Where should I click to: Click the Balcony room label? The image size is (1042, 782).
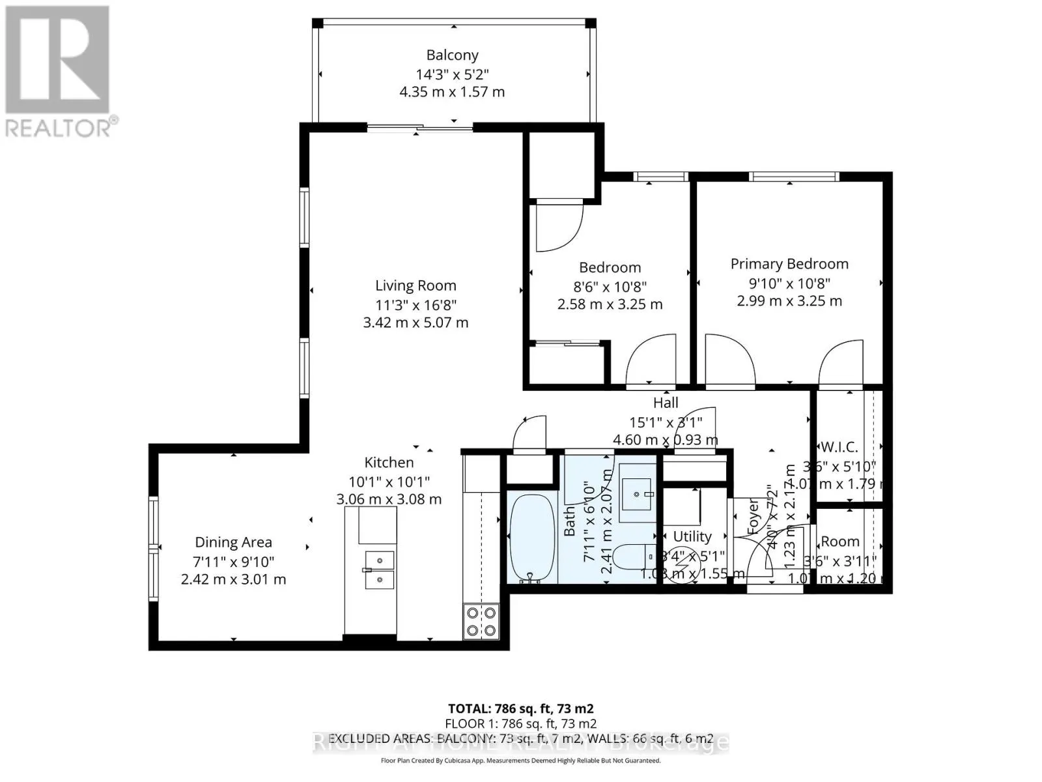[452, 55]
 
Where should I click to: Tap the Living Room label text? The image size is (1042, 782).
[415, 285]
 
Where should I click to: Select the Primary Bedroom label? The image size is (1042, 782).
[789, 264]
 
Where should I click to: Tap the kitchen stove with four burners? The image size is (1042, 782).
[481, 621]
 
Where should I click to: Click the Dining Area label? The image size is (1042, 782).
[233, 542]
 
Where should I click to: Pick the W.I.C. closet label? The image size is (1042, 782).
[839, 447]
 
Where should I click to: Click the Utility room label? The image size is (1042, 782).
[692, 536]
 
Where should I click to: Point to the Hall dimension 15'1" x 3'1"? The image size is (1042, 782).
[666, 422]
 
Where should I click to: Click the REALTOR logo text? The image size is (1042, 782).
[62, 127]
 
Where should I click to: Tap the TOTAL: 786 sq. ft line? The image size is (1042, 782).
[520, 708]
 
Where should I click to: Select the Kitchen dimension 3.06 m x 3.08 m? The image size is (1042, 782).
[389, 499]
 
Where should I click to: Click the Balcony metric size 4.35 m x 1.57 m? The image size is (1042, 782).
[452, 92]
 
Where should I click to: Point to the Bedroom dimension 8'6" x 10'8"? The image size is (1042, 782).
[610, 286]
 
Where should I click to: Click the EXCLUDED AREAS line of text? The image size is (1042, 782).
[520, 740]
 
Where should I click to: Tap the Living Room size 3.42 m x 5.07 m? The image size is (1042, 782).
[415, 323]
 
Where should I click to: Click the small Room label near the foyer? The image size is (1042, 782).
[840, 542]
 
